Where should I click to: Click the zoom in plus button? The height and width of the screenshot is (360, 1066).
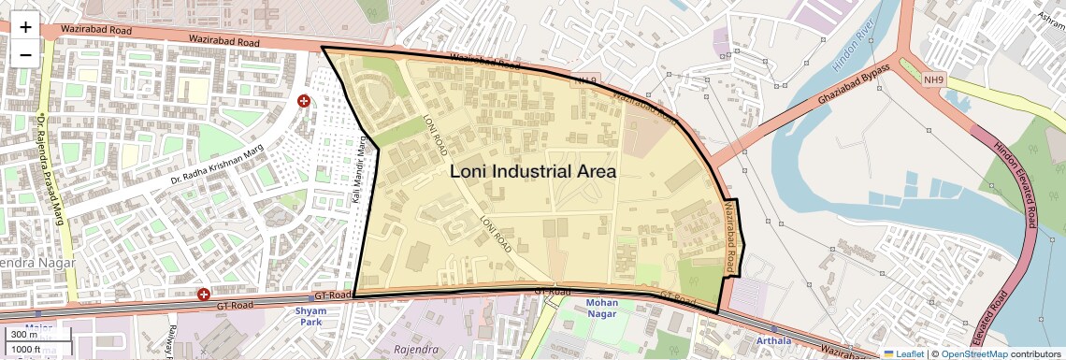pyautogui.click(x=25, y=27)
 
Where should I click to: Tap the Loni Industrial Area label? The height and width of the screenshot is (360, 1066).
pyautogui.click(x=533, y=171)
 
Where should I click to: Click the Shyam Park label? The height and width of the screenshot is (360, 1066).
pyautogui.click(x=310, y=316)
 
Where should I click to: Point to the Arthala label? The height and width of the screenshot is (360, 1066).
pyautogui.click(x=772, y=340)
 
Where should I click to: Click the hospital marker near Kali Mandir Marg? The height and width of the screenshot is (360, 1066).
pyautogui.click(x=303, y=101)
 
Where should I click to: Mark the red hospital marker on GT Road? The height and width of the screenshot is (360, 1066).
pyautogui.click(x=204, y=295)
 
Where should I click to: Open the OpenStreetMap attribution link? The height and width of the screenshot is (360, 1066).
pyautogui.click(x=975, y=353)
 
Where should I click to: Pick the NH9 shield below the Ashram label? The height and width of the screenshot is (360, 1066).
pyautogui.click(x=934, y=80)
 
